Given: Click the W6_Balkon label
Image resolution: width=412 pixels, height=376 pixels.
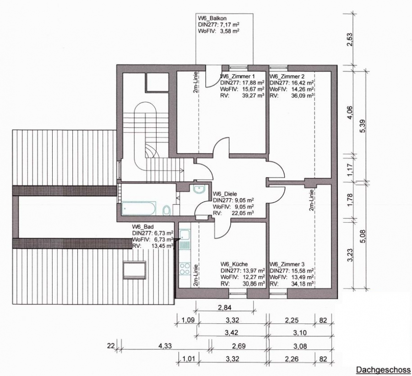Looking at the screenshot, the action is [212, 18].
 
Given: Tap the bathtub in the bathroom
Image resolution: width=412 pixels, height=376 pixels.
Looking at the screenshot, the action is [139, 208].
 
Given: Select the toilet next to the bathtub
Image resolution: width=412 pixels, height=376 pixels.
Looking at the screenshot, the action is [166, 211].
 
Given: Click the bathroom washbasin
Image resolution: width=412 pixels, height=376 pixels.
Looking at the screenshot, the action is [199, 189].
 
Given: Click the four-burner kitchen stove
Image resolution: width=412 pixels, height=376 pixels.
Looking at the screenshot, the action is [185, 269].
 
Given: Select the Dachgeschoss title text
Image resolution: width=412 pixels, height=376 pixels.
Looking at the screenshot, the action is [383, 370].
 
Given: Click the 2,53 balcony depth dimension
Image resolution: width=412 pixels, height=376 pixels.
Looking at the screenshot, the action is [349, 39].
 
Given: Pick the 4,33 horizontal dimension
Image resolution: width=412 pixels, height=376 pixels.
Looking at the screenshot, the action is [165, 345].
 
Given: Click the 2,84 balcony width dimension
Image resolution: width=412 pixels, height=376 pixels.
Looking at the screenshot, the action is [224, 307].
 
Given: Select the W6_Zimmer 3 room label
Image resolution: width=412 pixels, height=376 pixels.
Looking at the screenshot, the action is [287, 264].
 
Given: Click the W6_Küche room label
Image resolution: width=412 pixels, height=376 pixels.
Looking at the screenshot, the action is [234, 264].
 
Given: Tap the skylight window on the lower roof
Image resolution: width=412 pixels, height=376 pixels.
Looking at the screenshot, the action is [135, 270].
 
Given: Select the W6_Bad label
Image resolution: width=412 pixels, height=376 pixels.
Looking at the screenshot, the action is [143, 227].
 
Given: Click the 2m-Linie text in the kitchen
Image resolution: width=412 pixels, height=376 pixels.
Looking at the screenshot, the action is [195, 275].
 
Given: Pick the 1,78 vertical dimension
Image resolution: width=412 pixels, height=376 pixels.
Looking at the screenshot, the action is [349, 200].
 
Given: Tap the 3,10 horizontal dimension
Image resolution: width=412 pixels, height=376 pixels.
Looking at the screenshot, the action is [300, 332].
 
